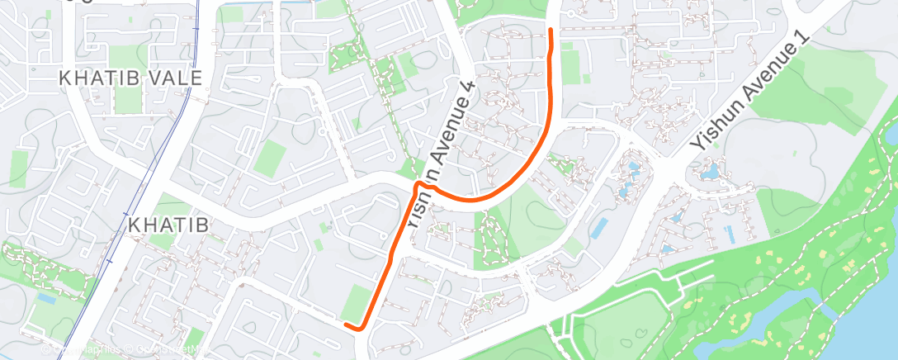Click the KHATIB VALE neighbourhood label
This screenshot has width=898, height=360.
click(x=130, y=78)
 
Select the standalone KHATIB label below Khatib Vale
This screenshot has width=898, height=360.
click(x=167, y=224)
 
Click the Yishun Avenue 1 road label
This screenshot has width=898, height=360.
click(x=748, y=95)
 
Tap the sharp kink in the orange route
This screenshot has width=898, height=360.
click(x=419, y=183)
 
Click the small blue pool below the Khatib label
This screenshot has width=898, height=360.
click(x=47, y=297)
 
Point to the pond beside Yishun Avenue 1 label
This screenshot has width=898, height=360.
click(x=709, y=173)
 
